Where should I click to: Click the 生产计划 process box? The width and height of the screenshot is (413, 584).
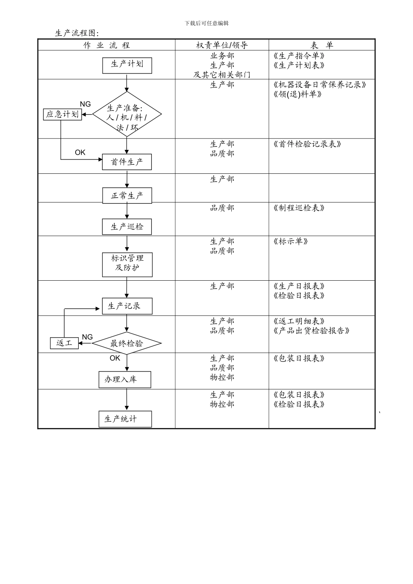point(127,65)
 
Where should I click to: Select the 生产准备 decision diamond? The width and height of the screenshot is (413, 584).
point(127,115)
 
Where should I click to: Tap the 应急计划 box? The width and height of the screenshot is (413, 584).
point(63,114)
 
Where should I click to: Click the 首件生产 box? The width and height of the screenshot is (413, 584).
point(127,162)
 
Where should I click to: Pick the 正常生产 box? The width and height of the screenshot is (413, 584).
point(127,196)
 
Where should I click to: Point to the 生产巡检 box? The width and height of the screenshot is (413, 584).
point(127,227)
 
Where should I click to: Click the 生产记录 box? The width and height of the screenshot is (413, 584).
point(127,306)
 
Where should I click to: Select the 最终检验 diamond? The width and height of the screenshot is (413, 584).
point(127,344)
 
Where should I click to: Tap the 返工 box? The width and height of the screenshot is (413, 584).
point(64,343)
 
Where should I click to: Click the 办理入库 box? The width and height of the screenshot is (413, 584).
point(125,379)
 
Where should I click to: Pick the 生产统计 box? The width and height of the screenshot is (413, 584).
point(125,419)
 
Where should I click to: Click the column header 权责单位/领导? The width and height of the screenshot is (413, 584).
point(222,45)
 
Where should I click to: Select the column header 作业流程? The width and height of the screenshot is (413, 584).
point(107,45)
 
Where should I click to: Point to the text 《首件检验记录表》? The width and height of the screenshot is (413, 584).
point(307,144)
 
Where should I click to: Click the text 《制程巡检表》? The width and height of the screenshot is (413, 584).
point(299,208)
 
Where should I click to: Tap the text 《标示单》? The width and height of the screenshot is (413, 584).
point(290,242)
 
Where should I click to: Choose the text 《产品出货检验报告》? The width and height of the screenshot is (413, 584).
point(311,331)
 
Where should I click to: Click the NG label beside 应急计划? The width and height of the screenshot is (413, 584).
point(85,104)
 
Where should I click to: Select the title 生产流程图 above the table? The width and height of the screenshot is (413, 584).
point(77,33)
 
